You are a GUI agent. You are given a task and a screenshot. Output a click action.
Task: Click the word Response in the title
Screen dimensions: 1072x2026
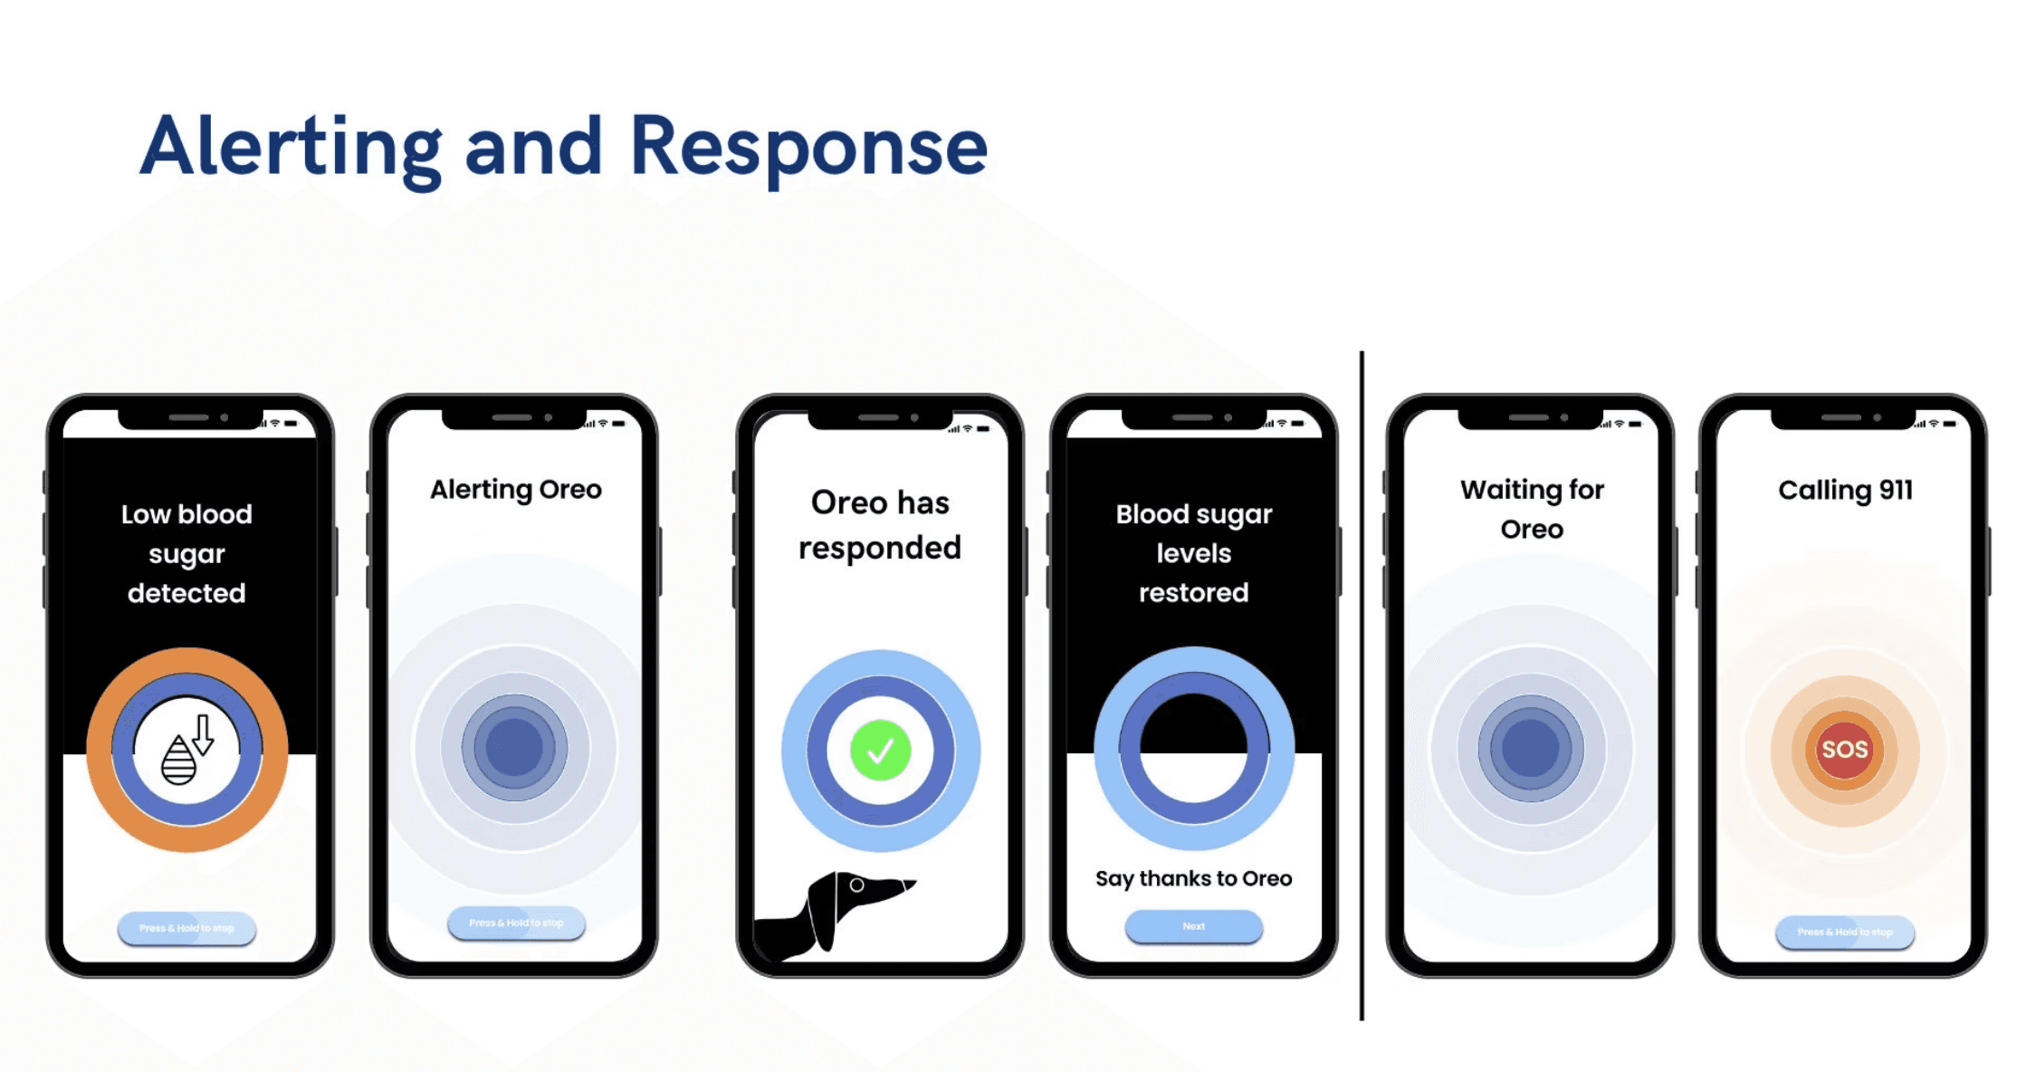coord(808,148)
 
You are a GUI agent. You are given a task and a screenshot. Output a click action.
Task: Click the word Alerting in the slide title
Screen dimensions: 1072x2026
coord(291,148)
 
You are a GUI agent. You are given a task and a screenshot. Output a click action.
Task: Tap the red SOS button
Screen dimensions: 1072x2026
coord(1844,750)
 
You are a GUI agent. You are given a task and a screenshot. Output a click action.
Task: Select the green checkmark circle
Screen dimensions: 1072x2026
coord(880,751)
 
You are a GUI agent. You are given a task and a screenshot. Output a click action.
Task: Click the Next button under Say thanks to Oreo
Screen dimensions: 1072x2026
coord(1193,926)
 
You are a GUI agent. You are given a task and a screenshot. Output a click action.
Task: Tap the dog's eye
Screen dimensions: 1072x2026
coord(856,885)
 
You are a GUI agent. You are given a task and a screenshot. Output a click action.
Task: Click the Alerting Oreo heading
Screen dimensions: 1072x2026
coord(515,490)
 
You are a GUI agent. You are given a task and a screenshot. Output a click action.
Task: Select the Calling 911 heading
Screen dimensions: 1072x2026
coord(1845,490)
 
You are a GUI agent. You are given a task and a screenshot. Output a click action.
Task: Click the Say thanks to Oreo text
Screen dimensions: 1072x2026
coord(1193,878)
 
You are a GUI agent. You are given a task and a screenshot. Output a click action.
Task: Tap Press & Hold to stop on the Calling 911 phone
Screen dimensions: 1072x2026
coord(1844,932)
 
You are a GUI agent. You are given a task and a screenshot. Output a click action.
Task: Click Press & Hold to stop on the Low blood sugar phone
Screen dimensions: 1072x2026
coord(186,928)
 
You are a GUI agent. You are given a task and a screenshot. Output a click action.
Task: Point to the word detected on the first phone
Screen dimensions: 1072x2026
coord(186,593)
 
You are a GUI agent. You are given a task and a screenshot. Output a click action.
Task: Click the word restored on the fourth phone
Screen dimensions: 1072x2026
coord(1193,593)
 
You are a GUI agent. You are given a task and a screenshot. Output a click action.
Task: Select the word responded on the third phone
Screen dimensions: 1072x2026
coord(879,548)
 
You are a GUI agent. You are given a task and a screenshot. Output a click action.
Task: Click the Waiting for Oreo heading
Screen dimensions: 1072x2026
coord(1532,509)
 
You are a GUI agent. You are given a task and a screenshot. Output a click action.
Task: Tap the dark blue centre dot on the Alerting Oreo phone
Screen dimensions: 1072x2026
coord(514,748)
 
